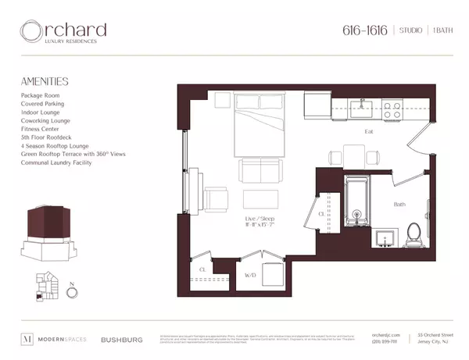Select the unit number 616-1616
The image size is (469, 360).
pyautogui.click(x=366, y=30)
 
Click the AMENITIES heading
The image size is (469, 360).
pyautogui.click(x=45, y=80)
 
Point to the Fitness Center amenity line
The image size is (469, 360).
pyautogui.click(x=41, y=129)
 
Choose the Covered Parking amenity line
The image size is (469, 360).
pyautogui.click(x=43, y=103)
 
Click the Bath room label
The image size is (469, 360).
pyautogui.click(x=399, y=205)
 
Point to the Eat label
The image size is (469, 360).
pyautogui.click(x=370, y=133)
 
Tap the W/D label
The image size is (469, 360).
pyautogui.click(x=249, y=275)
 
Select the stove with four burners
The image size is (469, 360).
pyautogui.click(x=392, y=109)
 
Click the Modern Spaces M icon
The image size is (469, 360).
pyautogui.click(x=25, y=339)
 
